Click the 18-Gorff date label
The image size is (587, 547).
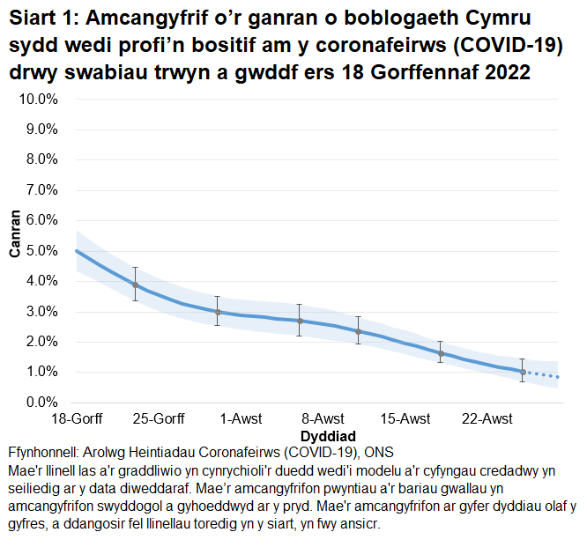77,418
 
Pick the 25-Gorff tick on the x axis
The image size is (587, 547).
160,418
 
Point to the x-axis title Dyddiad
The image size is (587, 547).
328,435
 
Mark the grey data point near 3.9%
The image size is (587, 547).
135,285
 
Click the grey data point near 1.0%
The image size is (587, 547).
523,372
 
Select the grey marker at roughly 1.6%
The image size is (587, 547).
441,353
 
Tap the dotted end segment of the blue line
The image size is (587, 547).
542,375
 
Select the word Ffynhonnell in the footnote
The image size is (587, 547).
46,453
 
